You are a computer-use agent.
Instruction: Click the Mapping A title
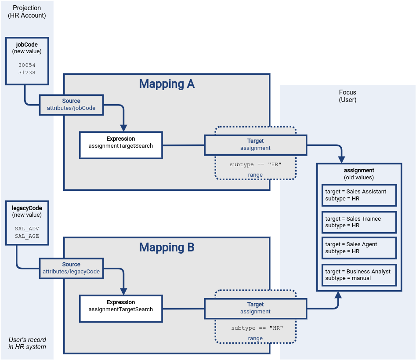click(166, 84)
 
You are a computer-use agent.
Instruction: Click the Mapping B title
click(166, 247)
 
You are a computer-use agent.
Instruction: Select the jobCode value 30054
click(27, 65)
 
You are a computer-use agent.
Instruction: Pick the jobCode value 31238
click(27, 73)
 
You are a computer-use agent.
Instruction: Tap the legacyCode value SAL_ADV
click(27, 229)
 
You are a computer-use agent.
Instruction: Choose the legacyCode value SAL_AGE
click(27, 236)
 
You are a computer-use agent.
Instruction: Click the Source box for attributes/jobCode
click(71, 105)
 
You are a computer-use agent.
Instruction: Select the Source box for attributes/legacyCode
click(71, 268)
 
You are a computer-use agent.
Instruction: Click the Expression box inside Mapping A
click(121, 145)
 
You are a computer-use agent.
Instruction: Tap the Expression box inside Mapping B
click(121, 308)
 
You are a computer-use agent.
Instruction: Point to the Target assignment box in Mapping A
click(255, 145)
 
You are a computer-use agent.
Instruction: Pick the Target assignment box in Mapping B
click(255, 308)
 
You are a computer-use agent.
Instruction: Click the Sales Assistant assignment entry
click(359, 195)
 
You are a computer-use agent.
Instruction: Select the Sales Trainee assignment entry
click(359, 222)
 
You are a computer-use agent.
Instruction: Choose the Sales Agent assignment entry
click(359, 248)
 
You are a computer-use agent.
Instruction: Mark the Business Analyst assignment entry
click(359, 275)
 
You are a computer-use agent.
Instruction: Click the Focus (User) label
click(347, 96)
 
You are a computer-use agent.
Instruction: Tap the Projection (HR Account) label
click(27, 12)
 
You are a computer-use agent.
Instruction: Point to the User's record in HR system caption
click(27, 343)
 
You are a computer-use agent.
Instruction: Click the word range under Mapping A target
click(255, 175)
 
